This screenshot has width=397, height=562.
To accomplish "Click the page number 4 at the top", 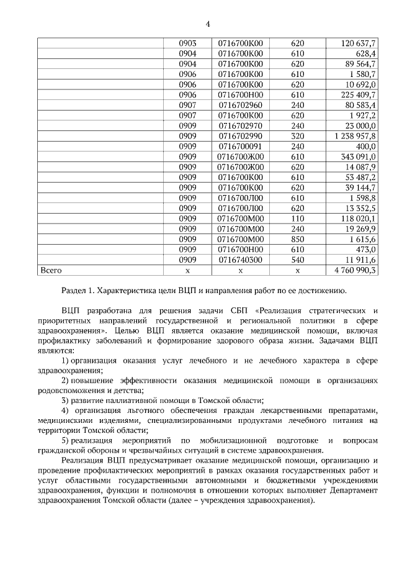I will tap(208, 24).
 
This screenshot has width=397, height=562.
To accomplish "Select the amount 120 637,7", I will tap(359, 43).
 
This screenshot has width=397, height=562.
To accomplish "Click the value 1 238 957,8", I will tap(355, 135).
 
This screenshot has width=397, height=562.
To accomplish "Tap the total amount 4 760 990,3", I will tap(355, 271).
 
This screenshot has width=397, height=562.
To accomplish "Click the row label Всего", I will tap(51, 271).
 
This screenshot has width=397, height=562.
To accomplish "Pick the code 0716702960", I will tap(241, 105).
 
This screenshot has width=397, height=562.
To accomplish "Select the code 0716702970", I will tap(241, 125).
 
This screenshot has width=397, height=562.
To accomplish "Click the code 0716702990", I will tap(241, 135).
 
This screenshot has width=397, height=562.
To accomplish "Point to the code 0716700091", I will tap(241, 146).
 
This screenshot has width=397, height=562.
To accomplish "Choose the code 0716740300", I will tap(241, 260).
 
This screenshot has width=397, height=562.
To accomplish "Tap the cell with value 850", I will tap(297, 239).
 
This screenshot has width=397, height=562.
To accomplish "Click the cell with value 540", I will tap(297, 260).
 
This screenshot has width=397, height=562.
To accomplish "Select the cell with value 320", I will tap(297, 135).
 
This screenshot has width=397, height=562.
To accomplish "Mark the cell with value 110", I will tap(297, 219).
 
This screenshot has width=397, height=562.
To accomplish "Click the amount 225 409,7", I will tap(359, 94).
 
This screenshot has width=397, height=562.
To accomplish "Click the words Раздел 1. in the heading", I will tap(79, 290).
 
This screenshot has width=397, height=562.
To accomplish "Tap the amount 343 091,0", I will tap(359, 156).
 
